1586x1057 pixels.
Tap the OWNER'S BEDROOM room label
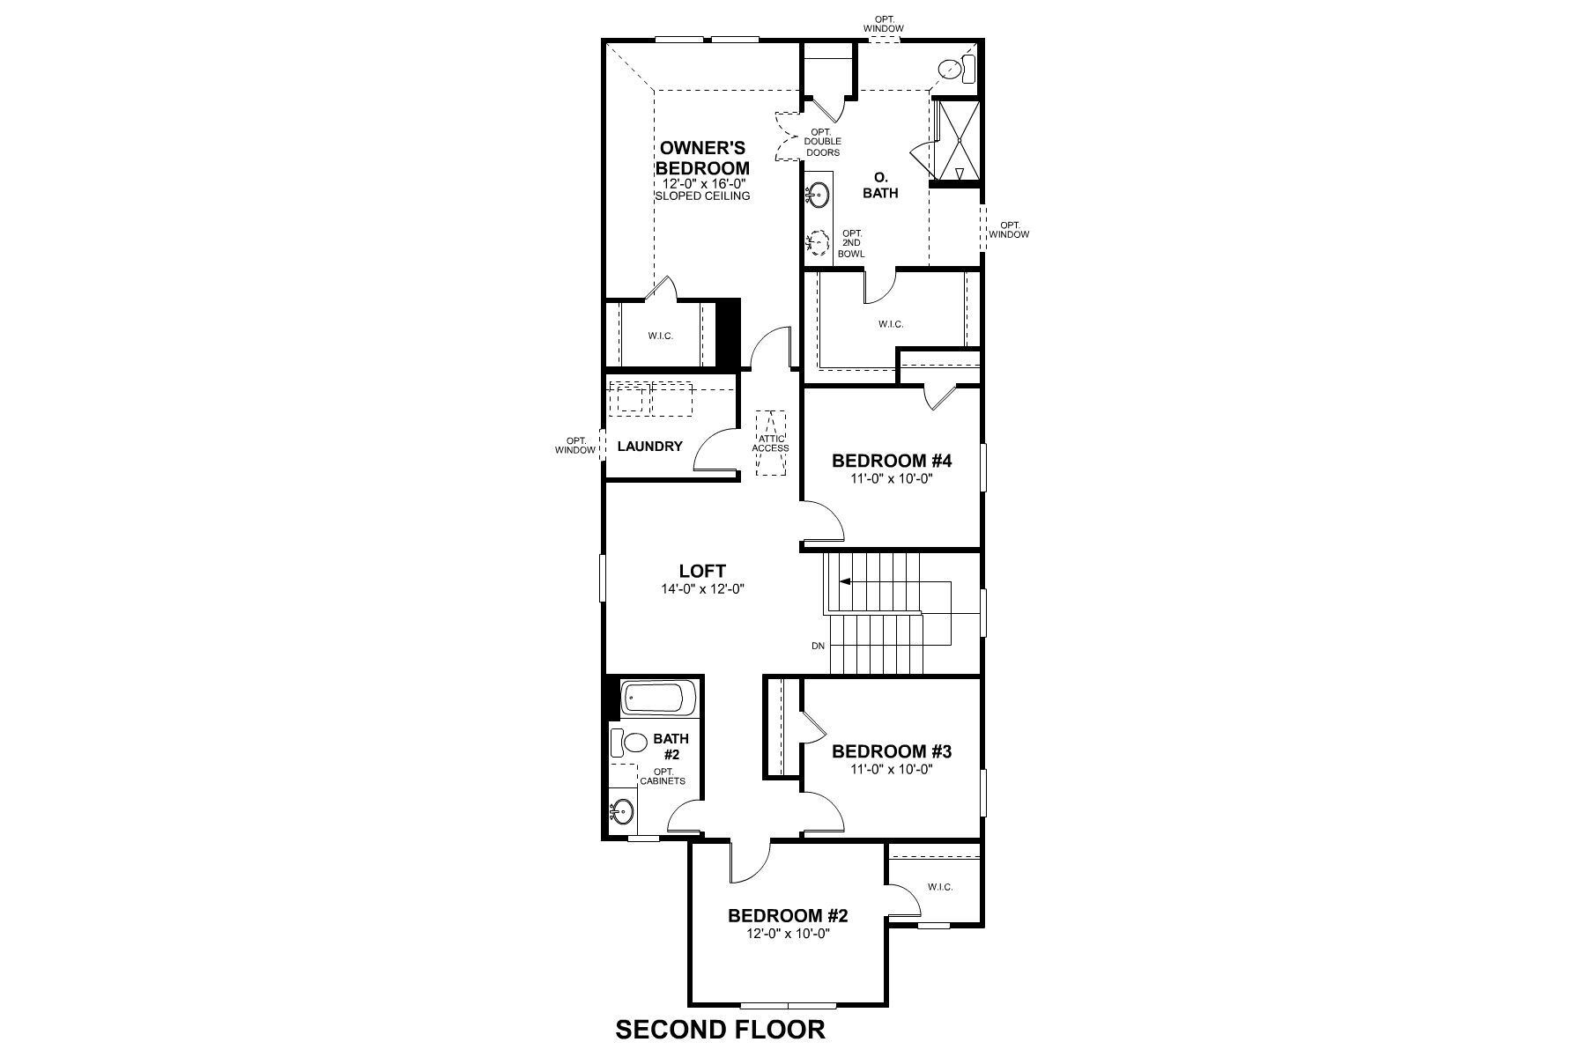[703, 157]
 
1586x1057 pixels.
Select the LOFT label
[702, 572]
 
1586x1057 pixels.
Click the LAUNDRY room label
[649, 447]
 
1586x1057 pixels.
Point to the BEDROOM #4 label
[892, 461]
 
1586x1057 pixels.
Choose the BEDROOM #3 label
[892, 751]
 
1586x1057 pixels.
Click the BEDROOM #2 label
[788, 915]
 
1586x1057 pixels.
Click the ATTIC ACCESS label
[770, 443]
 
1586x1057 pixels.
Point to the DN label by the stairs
[818, 646]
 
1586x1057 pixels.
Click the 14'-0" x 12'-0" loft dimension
[702, 589]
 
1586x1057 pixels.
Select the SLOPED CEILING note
[702, 196]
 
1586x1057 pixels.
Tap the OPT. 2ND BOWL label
[851, 243]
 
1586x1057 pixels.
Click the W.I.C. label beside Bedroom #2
[940, 887]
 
